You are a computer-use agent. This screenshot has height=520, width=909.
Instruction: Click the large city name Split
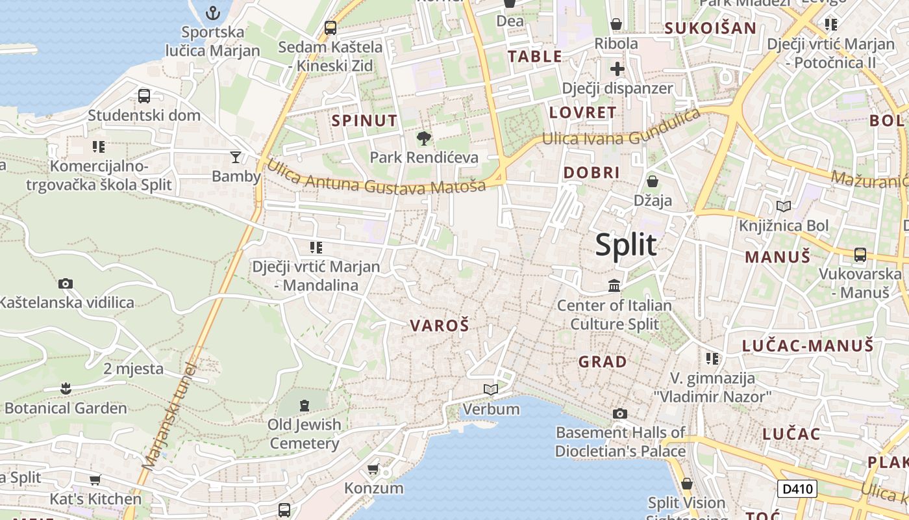click(626, 245)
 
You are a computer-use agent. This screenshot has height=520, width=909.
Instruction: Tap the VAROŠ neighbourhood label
click(439, 326)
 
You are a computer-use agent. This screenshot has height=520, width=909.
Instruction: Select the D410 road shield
click(797, 489)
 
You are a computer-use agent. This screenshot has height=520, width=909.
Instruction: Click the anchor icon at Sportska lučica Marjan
click(212, 12)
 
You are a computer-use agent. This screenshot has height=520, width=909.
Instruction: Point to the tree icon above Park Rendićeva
click(423, 138)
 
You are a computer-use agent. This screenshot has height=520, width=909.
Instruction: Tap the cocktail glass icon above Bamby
click(235, 157)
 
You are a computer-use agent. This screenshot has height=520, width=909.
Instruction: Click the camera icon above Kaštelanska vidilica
click(66, 283)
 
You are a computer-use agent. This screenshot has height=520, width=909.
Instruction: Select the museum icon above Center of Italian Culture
click(614, 285)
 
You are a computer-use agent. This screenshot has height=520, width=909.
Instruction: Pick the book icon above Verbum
click(491, 389)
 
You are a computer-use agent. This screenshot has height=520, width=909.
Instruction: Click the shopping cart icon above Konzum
click(373, 469)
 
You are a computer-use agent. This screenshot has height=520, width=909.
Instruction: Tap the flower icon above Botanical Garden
click(65, 389)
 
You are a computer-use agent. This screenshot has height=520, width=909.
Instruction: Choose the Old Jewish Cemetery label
click(305, 434)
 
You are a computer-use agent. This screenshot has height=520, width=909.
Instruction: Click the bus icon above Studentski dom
click(144, 96)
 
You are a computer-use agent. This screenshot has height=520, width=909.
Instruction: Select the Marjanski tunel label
click(168, 417)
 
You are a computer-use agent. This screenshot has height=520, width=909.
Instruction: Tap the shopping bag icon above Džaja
click(653, 181)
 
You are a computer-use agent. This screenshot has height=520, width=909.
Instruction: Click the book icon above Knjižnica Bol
click(784, 206)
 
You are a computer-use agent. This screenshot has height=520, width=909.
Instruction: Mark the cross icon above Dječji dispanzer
click(617, 69)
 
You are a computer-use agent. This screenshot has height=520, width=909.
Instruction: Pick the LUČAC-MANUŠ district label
click(808, 345)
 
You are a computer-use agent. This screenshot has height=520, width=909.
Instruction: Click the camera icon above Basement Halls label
click(620, 413)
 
